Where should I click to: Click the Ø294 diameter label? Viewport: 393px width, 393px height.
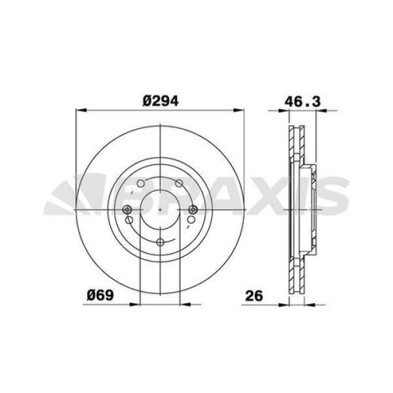160,101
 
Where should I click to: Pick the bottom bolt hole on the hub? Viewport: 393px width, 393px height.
160,243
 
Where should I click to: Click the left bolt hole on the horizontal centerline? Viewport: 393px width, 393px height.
128,210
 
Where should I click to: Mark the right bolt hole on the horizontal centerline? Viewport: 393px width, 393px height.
194,210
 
